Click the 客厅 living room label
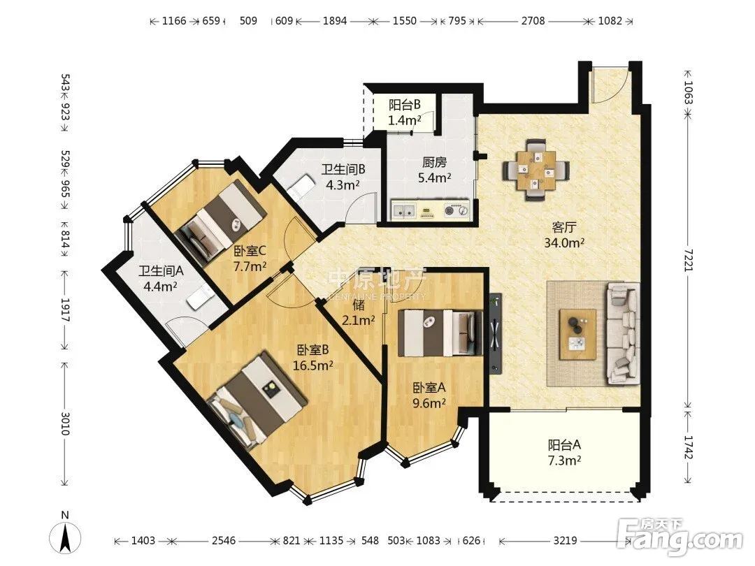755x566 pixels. coord(564,234)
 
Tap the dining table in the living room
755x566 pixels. coord(536,170)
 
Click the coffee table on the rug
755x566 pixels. coord(578,334)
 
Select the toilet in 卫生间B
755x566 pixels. coord(301,186)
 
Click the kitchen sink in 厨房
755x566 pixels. coord(405,210)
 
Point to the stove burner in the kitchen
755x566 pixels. coord(455,210)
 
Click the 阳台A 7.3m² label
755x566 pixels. coord(564,452)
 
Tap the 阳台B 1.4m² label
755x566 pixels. coord(405,112)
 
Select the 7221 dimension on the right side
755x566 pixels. coord(688,261)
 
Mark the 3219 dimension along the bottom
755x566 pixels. coord(564,540)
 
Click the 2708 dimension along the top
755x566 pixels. coord(533,21)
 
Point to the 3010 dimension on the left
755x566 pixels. coord(65,423)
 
